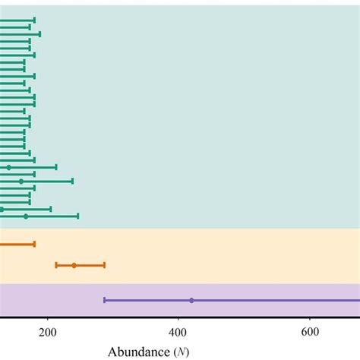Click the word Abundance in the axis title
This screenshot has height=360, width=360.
140,352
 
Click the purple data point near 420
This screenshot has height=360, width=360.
191,300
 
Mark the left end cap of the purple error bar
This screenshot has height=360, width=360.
104,300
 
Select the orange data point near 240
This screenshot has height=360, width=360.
74,265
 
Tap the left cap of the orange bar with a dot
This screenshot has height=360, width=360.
56,265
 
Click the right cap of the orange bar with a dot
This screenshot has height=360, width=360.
104,265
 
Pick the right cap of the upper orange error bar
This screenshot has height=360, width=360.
34,244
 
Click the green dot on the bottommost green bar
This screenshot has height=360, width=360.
26,216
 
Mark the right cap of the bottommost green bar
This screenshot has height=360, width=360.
78,216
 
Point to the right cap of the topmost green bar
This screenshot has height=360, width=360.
34,20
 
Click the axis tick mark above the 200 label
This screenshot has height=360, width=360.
48,320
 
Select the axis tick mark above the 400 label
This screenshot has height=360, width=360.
178,320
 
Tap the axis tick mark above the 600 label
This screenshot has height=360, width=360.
309,320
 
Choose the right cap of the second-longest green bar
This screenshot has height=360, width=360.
72,181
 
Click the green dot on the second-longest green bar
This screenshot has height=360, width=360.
21,181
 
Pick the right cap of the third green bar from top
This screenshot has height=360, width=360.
39,34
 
